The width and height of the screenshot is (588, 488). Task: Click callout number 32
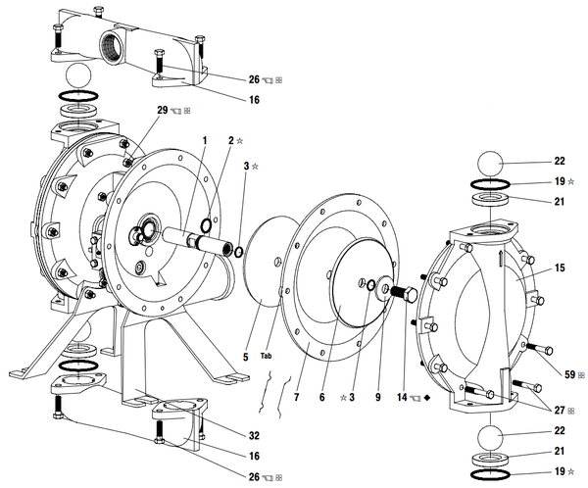coord(254,435)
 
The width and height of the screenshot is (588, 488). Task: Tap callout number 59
coord(569,374)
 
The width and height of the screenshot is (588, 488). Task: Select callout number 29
coord(163,111)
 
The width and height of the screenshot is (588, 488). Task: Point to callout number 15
coord(560,268)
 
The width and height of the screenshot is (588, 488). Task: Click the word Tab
coord(266,356)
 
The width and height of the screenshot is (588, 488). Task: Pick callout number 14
coord(402,397)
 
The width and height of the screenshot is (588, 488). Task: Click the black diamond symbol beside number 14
coord(426,398)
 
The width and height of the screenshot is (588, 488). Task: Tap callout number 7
coord(296,397)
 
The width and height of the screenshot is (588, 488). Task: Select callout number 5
coord(246,357)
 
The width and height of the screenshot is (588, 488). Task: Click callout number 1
coord(205,141)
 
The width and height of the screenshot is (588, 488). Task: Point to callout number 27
coord(560,411)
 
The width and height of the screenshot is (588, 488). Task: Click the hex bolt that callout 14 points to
coord(404,292)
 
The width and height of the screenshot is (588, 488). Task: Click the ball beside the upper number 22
coord(490,164)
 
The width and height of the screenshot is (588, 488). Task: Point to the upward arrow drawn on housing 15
coord(501,259)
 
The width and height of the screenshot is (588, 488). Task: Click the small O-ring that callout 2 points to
coord(206,225)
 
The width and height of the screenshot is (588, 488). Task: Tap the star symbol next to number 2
coord(240,141)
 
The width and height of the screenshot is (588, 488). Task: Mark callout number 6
coord(321,397)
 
